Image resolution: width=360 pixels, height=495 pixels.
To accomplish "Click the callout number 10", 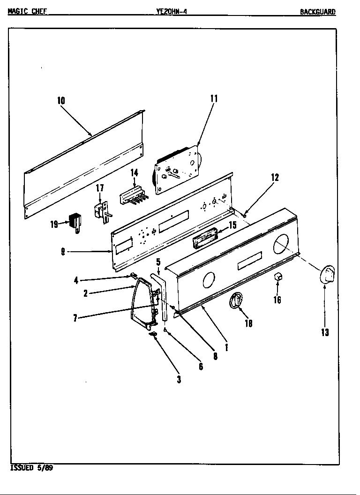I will (x=61, y=100).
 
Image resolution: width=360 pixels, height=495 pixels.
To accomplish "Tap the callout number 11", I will (x=214, y=98).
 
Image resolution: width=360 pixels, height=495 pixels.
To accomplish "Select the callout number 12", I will (x=275, y=177).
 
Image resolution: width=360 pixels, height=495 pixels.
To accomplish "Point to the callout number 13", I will (x=325, y=332).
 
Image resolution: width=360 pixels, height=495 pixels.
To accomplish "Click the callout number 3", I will (x=179, y=380).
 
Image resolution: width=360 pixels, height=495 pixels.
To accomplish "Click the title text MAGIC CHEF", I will (x=27, y=12).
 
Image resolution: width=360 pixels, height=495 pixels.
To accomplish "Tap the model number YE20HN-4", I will (x=172, y=12).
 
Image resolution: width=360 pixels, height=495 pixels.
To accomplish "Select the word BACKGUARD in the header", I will (x=318, y=12).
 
